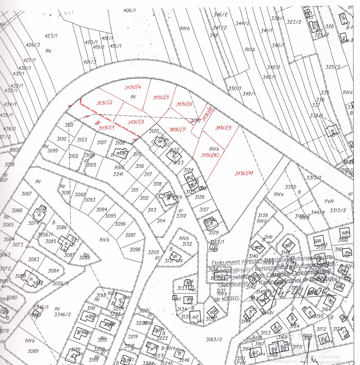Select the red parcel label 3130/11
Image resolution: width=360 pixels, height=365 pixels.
pos(244,173)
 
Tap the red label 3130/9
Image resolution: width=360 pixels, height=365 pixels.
pos(223,128)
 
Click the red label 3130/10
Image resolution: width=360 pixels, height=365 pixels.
pos(210,155)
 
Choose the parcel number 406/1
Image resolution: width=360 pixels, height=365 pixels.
pos(130,10)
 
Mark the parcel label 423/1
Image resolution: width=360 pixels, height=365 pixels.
pos(51,36)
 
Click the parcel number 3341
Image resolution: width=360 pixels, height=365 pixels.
pos(118,174)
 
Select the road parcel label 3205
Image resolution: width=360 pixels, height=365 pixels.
pos(154,253)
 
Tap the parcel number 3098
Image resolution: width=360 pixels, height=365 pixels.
pos(135,249)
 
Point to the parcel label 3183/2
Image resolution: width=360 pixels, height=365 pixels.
pos(214,339)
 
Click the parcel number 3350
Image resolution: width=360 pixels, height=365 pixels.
pos(290,187)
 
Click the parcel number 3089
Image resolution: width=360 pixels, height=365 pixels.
pos(33,351)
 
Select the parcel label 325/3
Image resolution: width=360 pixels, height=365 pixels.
pos(333,67)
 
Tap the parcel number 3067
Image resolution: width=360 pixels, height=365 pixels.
pos(27,194)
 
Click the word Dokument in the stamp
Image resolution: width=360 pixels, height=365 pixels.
pos(227,263)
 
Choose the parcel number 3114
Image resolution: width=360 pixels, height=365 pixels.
pos(161,221)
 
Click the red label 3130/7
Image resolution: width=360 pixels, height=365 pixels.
pos(178,129)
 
